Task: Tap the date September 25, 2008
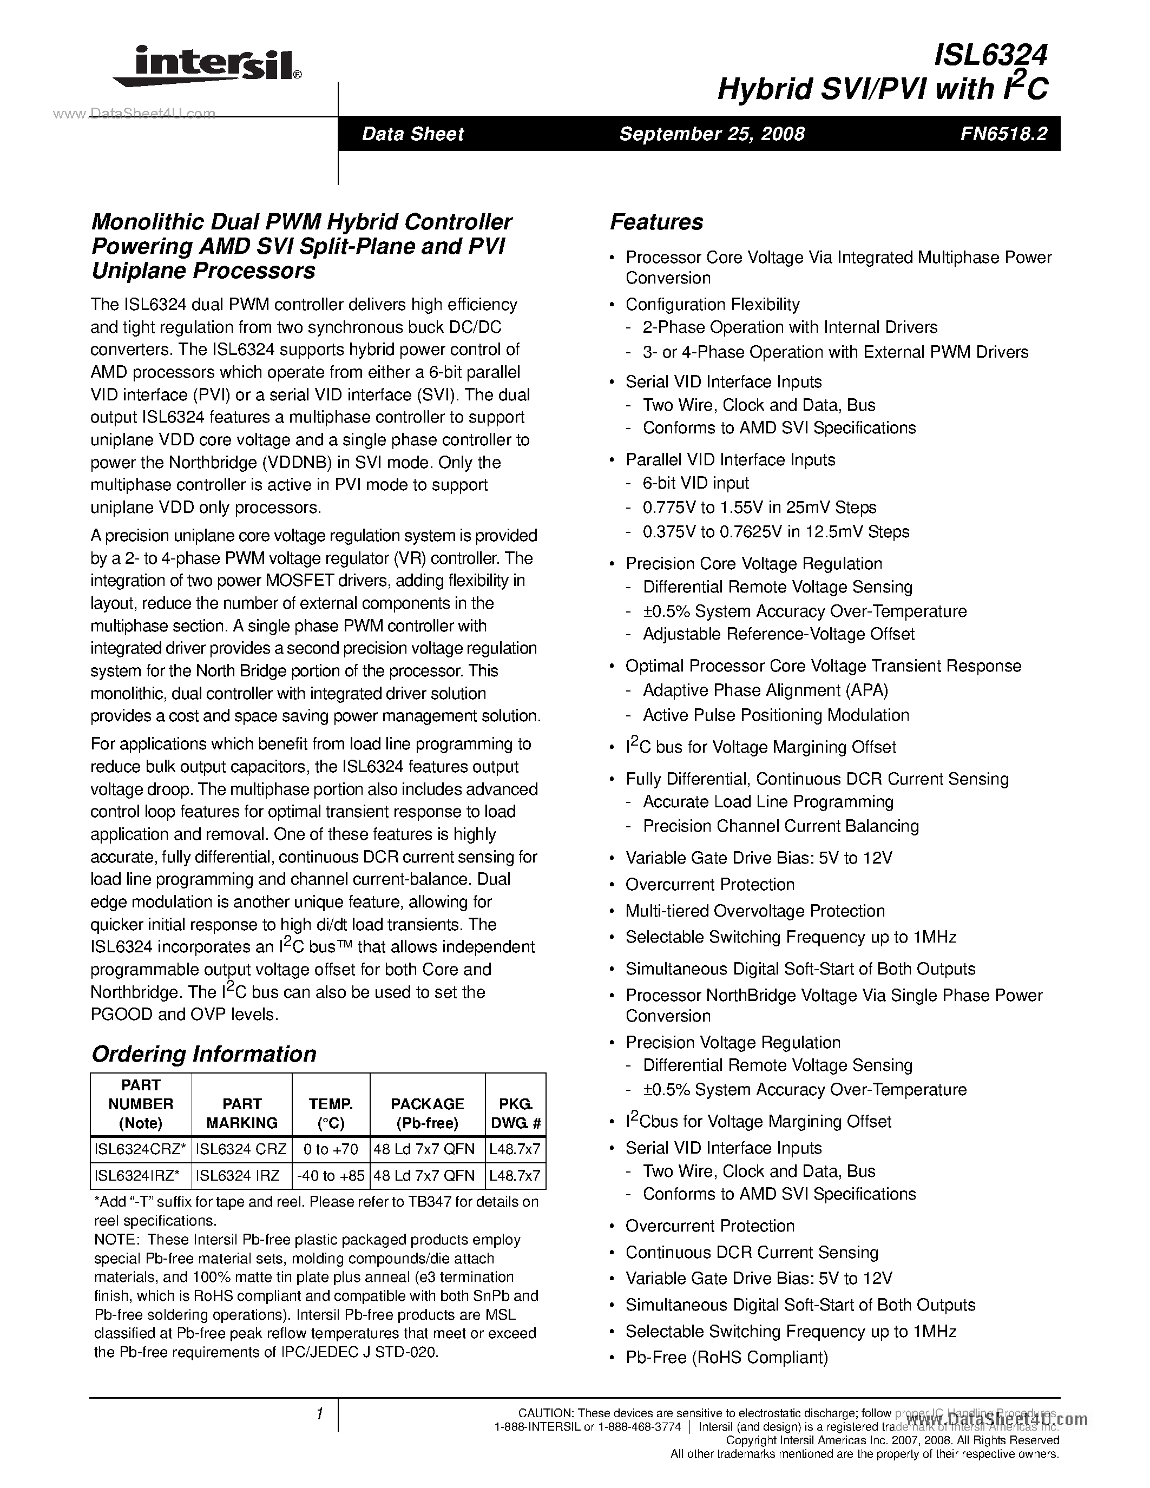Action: [x=712, y=134]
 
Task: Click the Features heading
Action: [x=656, y=222]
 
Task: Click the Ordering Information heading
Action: [x=203, y=1054]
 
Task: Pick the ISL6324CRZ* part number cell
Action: [x=140, y=1149]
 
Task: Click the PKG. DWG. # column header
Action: [x=515, y=1113]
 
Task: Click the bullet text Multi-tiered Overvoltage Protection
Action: [x=755, y=911]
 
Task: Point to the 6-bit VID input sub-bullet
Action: [x=695, y=483]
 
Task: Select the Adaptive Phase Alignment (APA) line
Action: [x=765, y=690]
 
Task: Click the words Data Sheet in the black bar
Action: [x=413, y=134]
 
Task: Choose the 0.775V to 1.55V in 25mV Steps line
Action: [x=759, y=508]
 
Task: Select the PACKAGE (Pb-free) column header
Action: [x=427, y=1113]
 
